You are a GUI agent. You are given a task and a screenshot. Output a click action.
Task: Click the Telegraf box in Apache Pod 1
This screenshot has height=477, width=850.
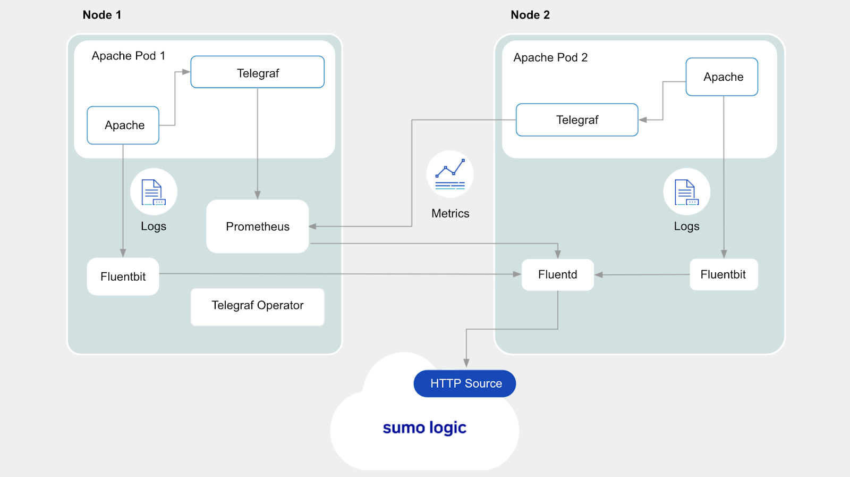[x=258, y=72]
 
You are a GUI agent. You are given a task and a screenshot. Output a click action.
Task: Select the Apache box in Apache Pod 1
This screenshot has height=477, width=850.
[x=123, y=125]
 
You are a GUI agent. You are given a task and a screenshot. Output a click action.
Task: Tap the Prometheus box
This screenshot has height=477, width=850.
[x=258, y=227]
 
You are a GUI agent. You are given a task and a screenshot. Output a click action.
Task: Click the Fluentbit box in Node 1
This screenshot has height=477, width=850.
[x=123, y=277]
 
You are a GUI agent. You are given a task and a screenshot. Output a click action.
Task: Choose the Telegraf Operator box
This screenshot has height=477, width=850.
[x=258, y=306]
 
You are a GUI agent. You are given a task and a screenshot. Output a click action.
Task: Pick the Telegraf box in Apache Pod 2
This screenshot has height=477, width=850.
[x=577, y=120]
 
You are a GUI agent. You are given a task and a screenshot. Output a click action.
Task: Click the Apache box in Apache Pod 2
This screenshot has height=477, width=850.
[x=722, y=77]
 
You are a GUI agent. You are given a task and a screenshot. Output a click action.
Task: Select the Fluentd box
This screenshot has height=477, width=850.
[x=557, y=275]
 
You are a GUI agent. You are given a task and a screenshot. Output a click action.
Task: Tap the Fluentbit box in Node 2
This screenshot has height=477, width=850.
[x=724, y=275]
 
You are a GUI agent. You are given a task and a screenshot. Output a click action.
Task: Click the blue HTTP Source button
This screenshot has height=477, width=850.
[x=465, y=383]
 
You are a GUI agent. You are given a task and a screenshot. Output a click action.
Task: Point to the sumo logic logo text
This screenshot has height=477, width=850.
[x=424, y=428]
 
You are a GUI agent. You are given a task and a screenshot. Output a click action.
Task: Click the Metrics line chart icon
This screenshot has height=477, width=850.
[x=450, y=174]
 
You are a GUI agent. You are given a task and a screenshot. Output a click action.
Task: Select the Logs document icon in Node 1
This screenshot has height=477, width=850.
[x=154, y=192]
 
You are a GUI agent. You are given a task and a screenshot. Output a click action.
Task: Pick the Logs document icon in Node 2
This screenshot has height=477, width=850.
[x=686, y=192]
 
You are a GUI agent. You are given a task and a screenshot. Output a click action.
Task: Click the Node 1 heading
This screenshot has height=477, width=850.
[x=102, y=15]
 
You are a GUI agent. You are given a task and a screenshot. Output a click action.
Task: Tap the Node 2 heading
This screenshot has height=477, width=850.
[x=530, y=15]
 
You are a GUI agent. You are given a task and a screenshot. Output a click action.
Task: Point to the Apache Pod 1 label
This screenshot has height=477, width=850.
[x=129, y=56]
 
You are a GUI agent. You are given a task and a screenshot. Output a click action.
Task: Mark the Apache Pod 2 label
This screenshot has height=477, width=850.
[x=550, y=57]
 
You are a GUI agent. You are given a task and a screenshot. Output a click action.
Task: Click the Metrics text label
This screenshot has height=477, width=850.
[x=450, y=214]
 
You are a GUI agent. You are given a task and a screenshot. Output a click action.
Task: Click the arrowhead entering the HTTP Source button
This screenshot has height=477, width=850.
[x=466, y=363]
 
